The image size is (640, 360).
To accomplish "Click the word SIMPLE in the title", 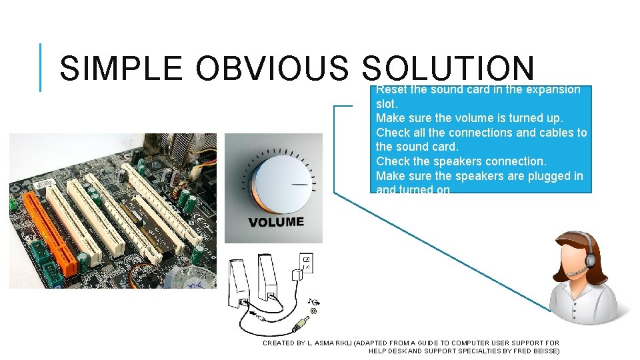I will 121,69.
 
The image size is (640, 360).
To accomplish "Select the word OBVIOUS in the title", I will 273,69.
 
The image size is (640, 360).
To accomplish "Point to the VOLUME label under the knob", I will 276,222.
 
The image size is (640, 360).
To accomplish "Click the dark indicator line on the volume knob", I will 300,184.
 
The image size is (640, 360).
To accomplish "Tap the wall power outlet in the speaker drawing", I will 307,263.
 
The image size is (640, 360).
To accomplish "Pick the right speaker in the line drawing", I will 267,283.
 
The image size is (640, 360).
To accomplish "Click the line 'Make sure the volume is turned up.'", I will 469,118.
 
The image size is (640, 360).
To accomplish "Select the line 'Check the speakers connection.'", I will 461,161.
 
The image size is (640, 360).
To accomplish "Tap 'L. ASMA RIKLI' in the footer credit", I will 331,343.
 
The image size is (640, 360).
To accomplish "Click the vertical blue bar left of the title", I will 40,67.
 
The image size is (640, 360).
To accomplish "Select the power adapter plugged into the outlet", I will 294,275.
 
